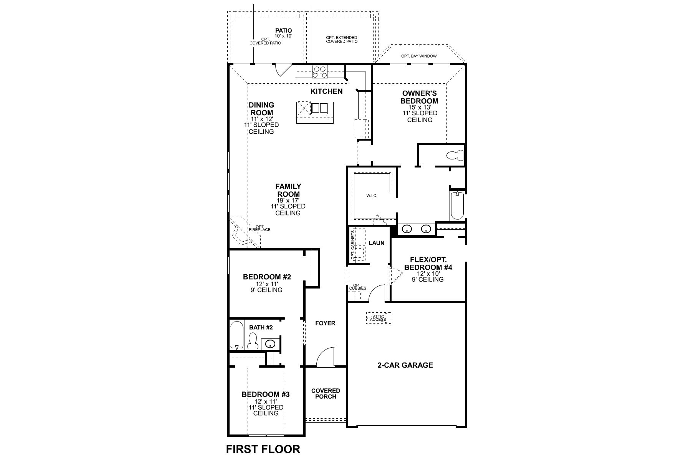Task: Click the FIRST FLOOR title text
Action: tap(263, 449)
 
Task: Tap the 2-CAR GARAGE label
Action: tap(405, 365)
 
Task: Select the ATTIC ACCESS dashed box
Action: tap(378, 318)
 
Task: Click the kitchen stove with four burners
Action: tap(320, 72)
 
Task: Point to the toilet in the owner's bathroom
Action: tap(455, 156)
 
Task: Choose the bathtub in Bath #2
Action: tap(236, 335)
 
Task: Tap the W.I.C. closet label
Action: tap(372, 196)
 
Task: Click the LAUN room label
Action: tap(376, 243)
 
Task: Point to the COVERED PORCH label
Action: tap(326, 393)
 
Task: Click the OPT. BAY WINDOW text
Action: tap(419, 56)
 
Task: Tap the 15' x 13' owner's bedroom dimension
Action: tap(420, 107)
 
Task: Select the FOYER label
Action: tap(325, 323)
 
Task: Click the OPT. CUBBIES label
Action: tap(357, 287)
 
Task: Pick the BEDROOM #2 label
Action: tap(267, 277)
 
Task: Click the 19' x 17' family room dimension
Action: tap(288, 201)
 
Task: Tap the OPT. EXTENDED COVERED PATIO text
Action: tap(342, 39)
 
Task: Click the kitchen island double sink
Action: tap(319, 108)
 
